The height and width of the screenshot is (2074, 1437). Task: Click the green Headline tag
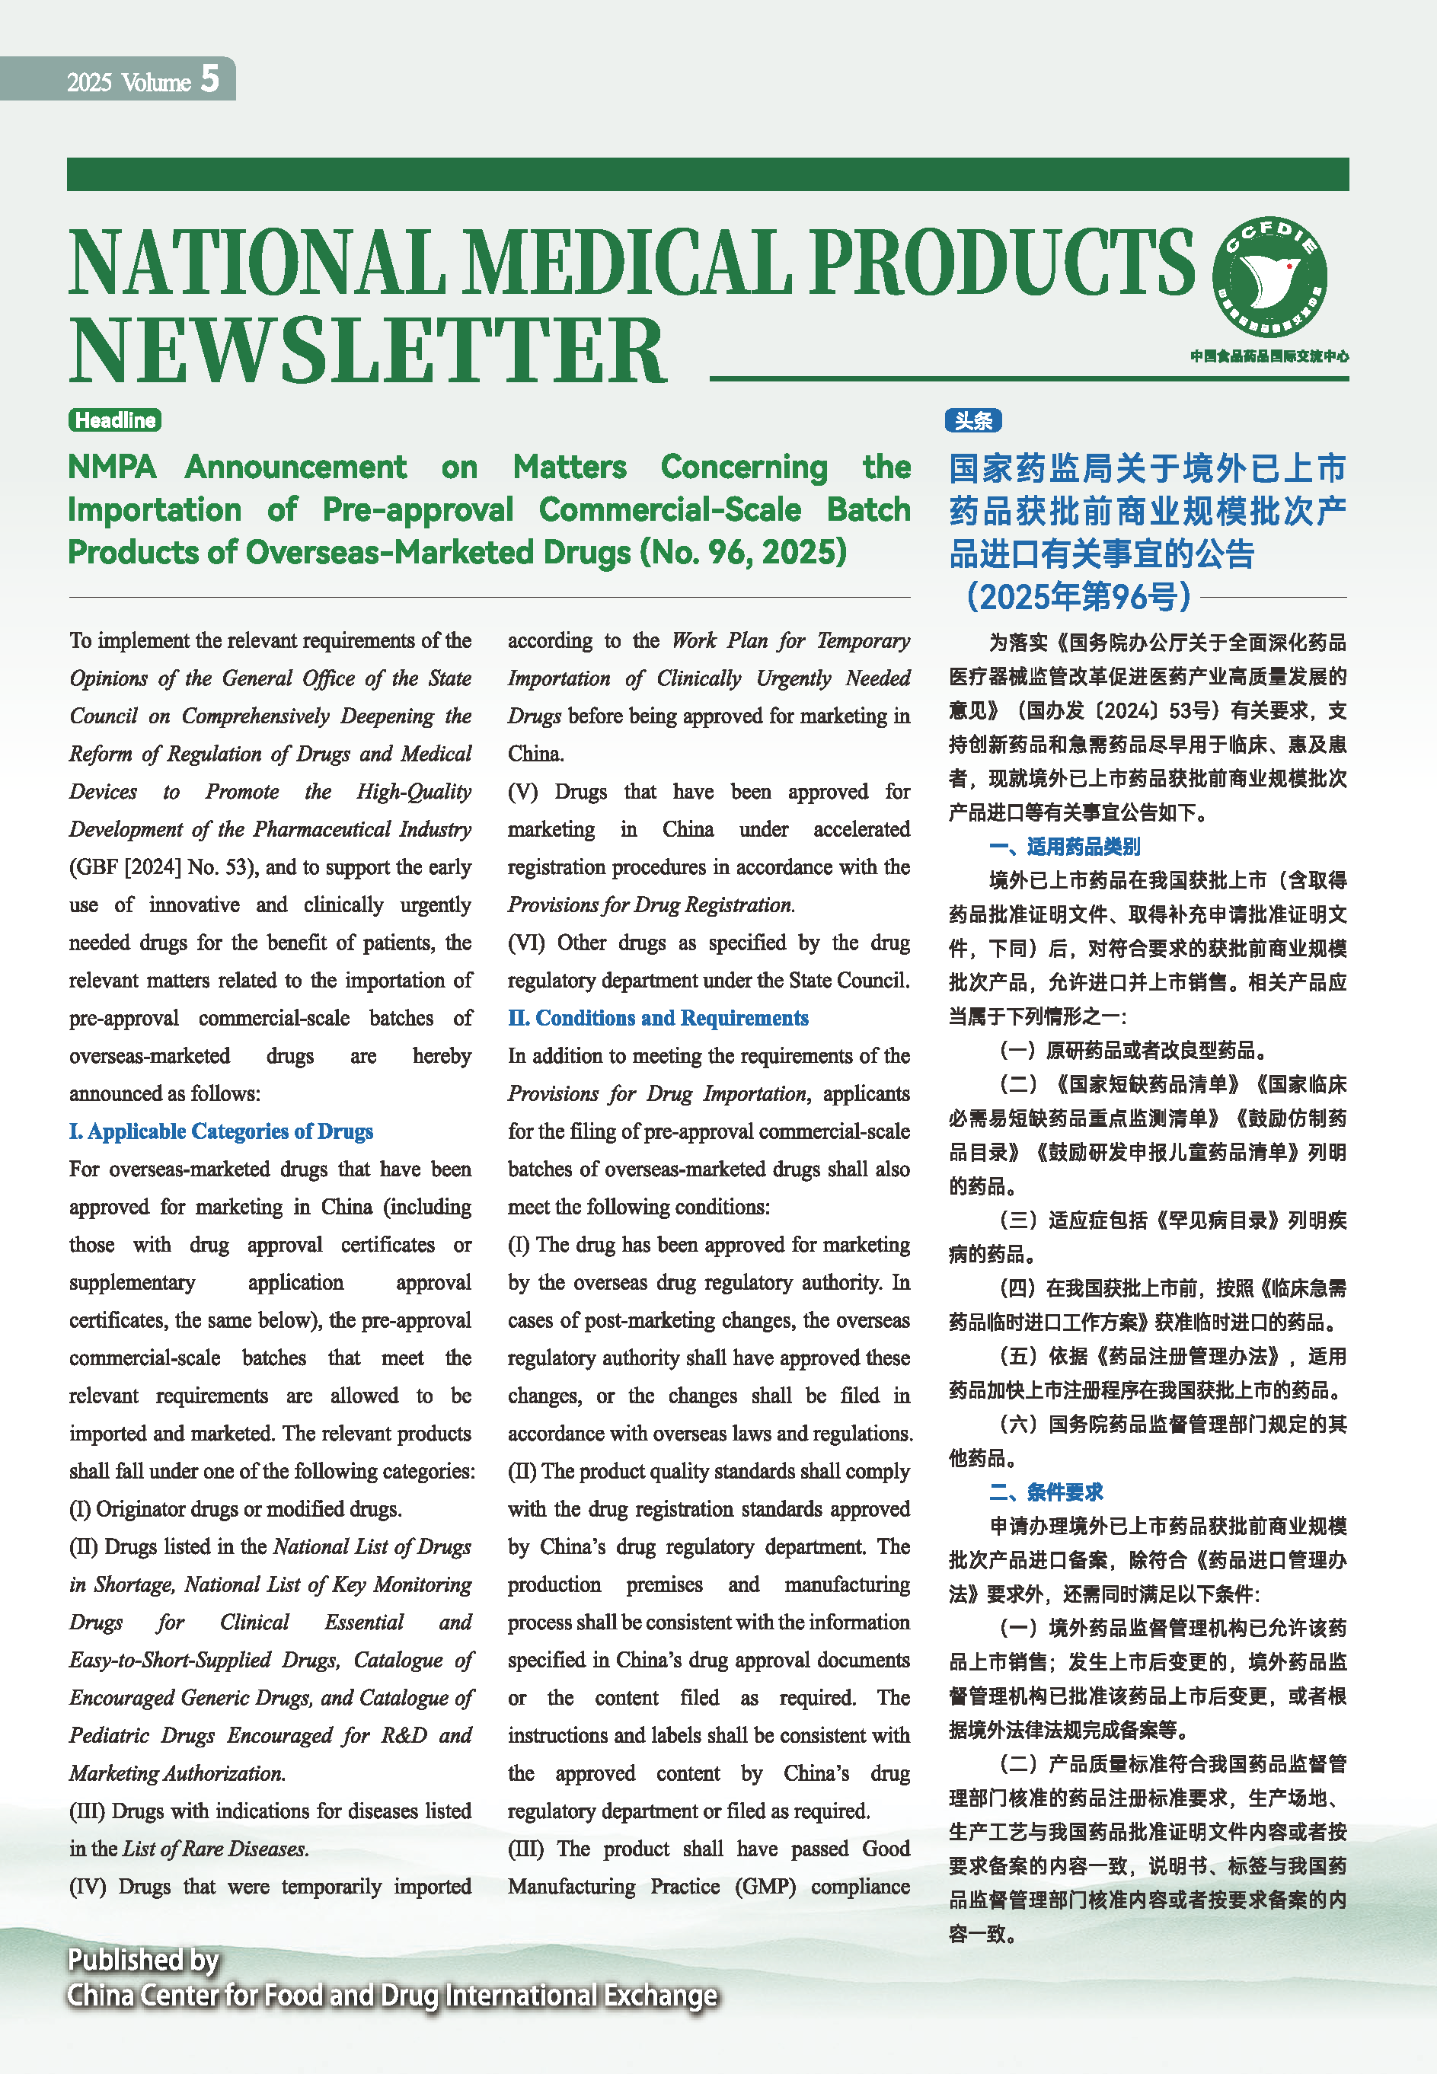point(114,420)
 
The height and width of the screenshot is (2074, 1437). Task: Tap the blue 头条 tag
point(972,420)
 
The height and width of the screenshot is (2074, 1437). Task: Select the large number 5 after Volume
point(209,79)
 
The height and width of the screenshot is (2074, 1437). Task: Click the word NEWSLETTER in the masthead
point(367,351)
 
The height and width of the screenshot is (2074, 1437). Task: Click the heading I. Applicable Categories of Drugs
point(221,1131)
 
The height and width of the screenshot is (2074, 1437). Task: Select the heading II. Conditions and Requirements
point(657,1018)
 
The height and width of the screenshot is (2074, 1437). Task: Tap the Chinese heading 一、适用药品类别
point(1065,846)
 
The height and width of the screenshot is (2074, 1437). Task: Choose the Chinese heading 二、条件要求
point(1046,1492)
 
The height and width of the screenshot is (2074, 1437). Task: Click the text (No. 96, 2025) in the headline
point(742,552)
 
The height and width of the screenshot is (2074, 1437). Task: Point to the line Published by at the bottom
point(143,1960)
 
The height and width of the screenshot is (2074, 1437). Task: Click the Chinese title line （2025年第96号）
point(1078,596)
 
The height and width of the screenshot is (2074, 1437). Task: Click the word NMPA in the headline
point(112,467)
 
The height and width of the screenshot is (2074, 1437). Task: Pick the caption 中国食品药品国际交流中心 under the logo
point(1269,356)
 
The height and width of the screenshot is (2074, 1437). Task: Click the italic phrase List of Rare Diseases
point(216,1848)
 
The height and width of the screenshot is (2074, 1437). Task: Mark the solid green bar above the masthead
point(707,174)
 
